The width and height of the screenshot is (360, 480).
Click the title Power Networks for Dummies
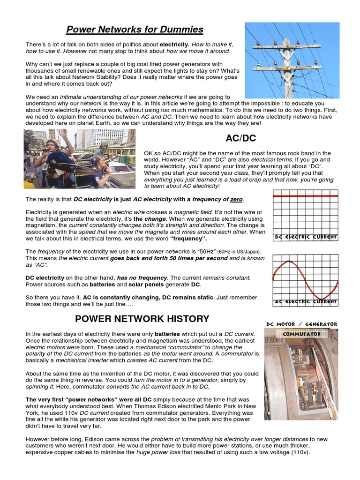pos(135,30)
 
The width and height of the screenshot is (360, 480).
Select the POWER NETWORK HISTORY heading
pos(142,319)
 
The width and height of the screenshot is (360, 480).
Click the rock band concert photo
pos(79,158)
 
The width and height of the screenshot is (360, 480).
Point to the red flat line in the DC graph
pos(305,196)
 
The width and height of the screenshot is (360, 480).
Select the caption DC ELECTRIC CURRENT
pos(306,237)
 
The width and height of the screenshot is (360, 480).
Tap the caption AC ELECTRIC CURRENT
pos(306,302)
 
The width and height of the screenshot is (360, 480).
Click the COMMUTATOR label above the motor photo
pos(302,334)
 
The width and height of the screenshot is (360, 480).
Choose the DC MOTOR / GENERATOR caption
pos(301,324)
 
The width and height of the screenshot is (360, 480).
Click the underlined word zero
pos(236,199)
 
